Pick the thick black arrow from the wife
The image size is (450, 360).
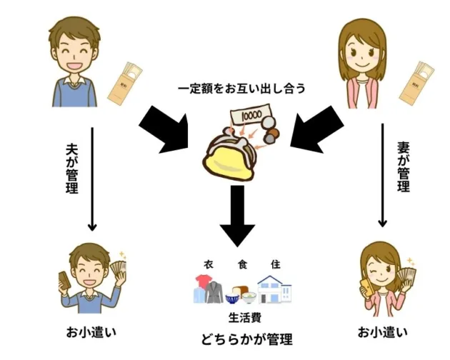[307, 128]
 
